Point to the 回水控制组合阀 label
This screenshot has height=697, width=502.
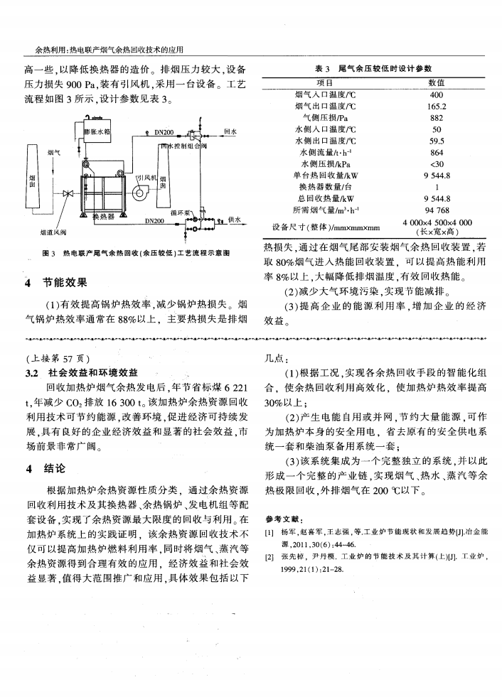point(183,145)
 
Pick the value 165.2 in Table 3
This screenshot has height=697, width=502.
point(437,107)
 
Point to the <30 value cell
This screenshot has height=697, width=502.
point(437,164)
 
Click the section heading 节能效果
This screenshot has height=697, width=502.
point(68,283)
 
